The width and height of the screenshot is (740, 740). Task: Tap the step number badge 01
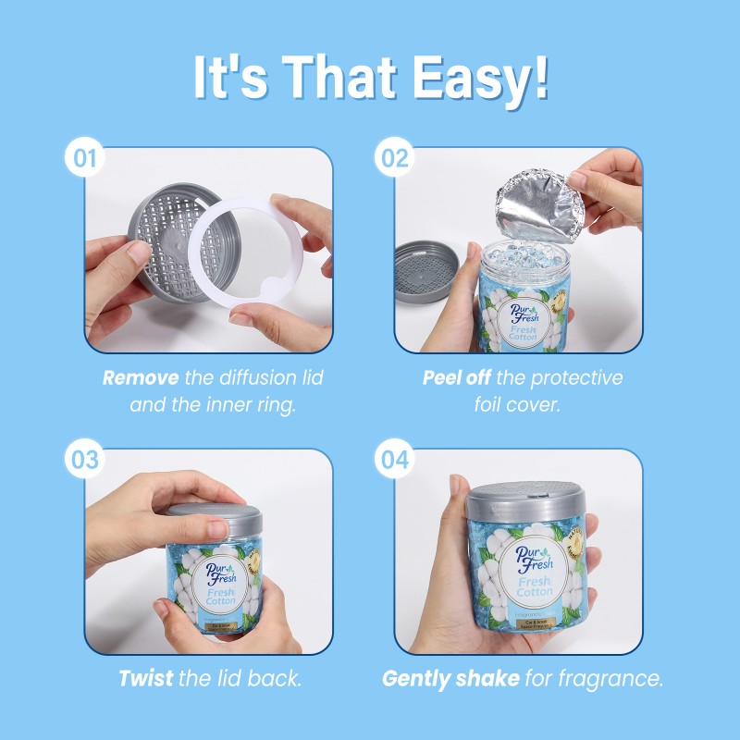[x=85, y=158]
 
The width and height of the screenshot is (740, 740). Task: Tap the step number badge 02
[x=395, y=158]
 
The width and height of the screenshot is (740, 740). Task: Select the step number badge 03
[x=85, y=461]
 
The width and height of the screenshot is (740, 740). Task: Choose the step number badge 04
[x=395, y=461]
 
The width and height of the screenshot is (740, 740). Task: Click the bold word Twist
[x=146, y=679]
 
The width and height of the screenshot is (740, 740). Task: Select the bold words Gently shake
[x=450, y=679]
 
